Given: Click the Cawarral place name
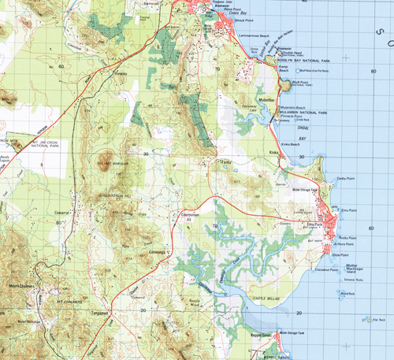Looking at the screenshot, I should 63,213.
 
